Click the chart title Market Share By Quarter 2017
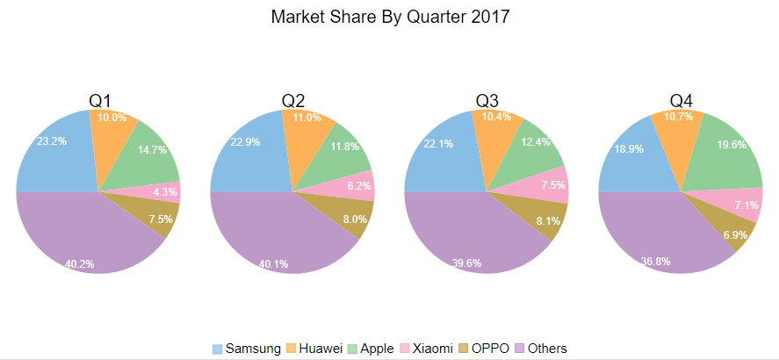tap(390, 17)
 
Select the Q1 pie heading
tap(99, 101)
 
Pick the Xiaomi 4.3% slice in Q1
tap(158, 191)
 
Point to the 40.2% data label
tap(80, 263)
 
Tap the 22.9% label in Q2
tap(246, 143)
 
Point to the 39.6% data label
tap(465, 263)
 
